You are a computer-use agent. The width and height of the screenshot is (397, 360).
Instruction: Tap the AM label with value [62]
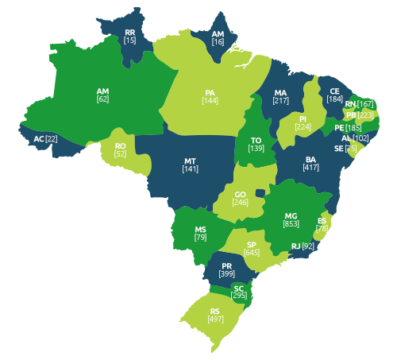click(x=102, y=91)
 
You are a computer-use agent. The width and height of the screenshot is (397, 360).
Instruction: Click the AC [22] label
click(x=45, y=139)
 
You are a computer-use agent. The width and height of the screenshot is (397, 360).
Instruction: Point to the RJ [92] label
click(x=303, y=246)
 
